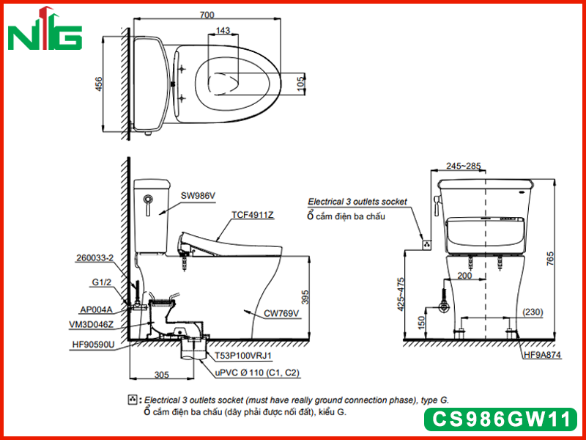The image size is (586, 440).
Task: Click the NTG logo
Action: tap(45, 29)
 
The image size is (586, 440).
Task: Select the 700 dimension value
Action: tap(207, 15)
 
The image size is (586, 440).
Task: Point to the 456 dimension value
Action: tap(98, 84)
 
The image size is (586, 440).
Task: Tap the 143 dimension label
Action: tap(223, 30)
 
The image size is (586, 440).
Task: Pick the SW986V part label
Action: tap(198, 195)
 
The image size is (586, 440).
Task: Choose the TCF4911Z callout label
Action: tap(253, 215)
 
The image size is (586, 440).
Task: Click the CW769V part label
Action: tap(281, 313)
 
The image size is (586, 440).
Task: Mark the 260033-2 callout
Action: tap(94, 258)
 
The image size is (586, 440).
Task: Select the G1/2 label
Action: tap(102, 282)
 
